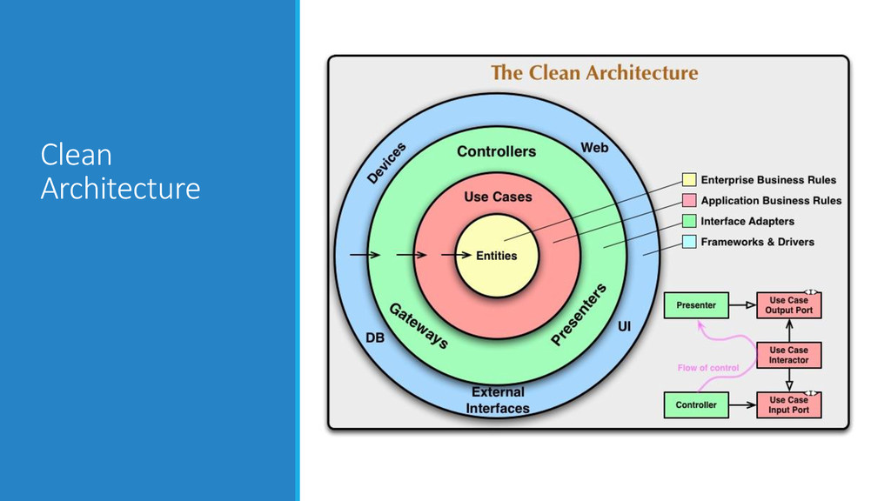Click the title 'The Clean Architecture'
[594, 73]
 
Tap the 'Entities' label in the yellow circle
[497, 256]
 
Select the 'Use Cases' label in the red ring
[498, 197]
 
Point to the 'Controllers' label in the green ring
[497, 151]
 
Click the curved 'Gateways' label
[419, 325]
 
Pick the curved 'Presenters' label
[579, 314]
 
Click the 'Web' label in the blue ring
[595, 148]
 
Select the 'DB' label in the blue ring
[374, 337]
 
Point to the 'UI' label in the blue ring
[624, 327]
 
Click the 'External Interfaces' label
[498, 400]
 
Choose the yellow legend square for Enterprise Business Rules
[689, 180]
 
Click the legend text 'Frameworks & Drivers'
[758, 242]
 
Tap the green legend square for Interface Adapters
[689, 221]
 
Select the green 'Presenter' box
[696, 305]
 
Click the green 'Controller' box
[696, 404]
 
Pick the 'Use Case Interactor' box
[789, 355]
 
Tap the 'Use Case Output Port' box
[789, 305]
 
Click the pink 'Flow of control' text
[708, 368]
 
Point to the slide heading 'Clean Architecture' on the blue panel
[120, 171]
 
